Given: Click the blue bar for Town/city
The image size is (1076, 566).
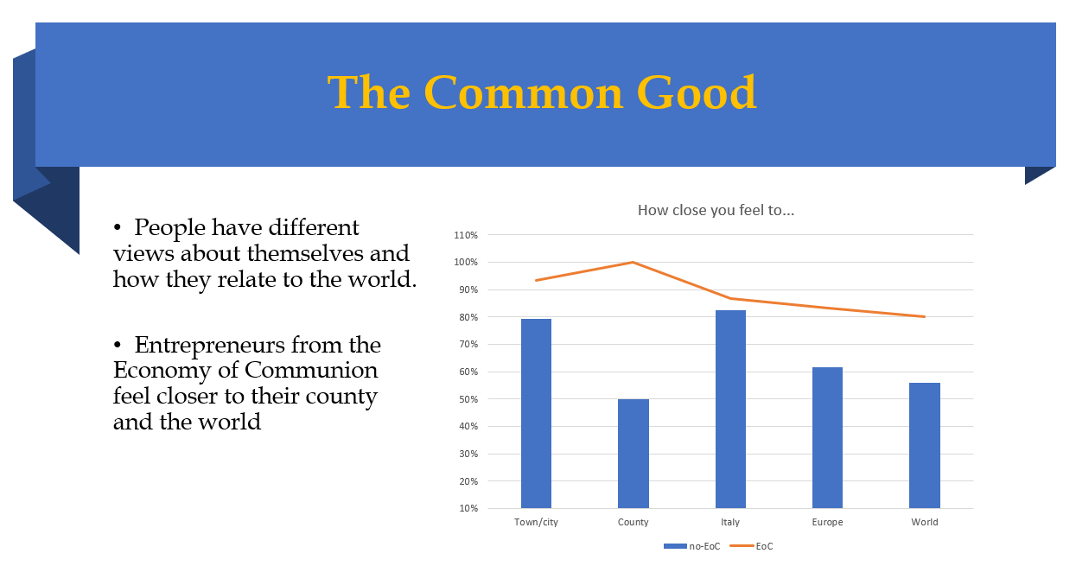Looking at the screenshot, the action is [x=536, y=413].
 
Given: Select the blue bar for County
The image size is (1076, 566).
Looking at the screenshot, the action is [x=634, y=454].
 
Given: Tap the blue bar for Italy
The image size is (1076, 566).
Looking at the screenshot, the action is [x=730, y=409].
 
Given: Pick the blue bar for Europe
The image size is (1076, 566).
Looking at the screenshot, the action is [x=827, y=438].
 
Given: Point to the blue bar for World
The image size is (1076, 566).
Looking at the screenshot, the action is [x=925, y=445].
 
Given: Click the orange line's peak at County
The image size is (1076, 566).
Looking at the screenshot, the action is [x=634, y=262].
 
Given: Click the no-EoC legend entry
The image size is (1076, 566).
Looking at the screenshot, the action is [x=691, y=546].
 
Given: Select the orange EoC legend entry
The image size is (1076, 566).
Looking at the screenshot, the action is [x=751, y=546].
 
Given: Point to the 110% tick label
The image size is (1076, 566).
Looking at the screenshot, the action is [x=466, y=235].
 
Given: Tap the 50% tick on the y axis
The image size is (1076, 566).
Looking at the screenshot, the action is [x=468, y=399].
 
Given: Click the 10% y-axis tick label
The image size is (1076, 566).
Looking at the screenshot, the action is [x=468, y=508].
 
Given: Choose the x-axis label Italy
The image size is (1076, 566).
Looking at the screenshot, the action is [x=730, y=522].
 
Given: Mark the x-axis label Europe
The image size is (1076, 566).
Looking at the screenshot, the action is [x=827, y=522].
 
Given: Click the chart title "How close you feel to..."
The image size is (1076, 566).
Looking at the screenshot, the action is [x=716, y=210].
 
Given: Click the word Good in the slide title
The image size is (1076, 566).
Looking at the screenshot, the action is [x=697, y=92].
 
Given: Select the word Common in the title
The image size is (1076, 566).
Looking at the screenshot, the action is [x=523, y=92].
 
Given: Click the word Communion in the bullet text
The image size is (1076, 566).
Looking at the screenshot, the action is [x=311, y=370].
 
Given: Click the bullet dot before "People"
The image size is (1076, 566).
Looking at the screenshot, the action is [x=118, y=226].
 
